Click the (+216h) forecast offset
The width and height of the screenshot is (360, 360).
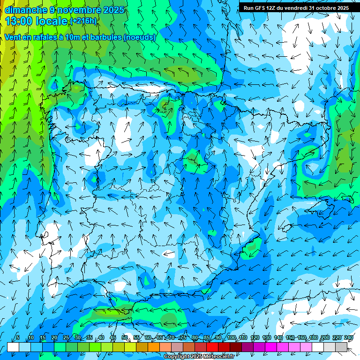[x=83, y=21]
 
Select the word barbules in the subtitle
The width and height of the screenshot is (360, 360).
[x=105, y=37]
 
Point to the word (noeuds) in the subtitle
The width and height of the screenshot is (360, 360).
[x=139, y=37]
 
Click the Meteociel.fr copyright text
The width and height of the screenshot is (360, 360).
[x=199, y=357]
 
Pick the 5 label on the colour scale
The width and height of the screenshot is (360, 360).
[x=18, y=338]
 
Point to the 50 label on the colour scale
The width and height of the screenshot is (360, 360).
[x=125, y=338]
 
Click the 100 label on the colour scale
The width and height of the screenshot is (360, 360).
[x=231, y=338]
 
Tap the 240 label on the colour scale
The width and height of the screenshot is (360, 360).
[x=349, y=338]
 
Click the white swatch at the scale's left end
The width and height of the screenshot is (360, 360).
[x=13, y=347]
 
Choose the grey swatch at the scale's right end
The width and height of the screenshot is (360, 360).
[x=341, y=347]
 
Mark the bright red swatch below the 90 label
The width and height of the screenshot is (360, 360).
[x=212, y=347]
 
